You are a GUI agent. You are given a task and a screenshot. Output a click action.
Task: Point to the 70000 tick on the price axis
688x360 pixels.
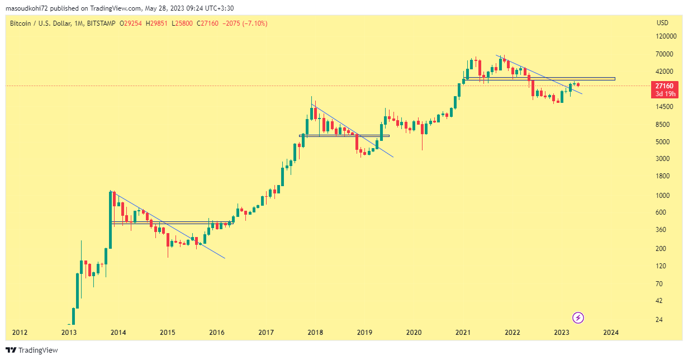[x=665, y=54]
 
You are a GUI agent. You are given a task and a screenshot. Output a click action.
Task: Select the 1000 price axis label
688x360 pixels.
[x=663, y=195]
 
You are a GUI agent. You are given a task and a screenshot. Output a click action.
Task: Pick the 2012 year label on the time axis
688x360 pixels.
[x=20, y=333]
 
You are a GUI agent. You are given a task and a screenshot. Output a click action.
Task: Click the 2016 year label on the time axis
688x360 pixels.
[x=217, y=333]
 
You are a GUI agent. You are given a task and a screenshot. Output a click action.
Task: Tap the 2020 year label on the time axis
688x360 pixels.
[x=414, y=333]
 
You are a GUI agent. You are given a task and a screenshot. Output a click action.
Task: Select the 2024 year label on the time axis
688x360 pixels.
[x=611, y=333]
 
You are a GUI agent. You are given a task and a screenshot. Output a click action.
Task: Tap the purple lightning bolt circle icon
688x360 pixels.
[x=579, y=318]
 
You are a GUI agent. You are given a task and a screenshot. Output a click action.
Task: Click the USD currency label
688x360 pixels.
[x=662, y=23]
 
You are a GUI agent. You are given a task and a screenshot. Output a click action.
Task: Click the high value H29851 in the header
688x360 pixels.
[x=156, y=23]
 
